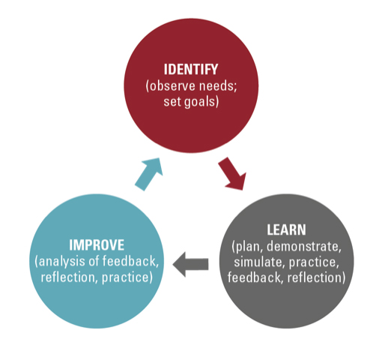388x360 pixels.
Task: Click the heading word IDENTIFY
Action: coord(191,70)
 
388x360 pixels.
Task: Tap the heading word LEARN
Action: coord(286,229)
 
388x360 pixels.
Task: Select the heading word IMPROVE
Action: coord(97,245)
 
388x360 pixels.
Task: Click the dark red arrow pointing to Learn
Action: coord(232,174)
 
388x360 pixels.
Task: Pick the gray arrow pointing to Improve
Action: coord(190,264)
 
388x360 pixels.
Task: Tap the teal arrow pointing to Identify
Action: coord(149,174)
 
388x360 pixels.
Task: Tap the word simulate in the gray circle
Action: coord(260,262)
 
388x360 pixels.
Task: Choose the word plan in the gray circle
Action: coord(249,247)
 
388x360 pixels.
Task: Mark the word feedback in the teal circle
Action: coord(130,261)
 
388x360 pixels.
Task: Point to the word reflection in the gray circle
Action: coord(315,277)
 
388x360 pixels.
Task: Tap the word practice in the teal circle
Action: coord(125,278)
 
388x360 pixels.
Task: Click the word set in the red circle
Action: coord(172,102)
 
